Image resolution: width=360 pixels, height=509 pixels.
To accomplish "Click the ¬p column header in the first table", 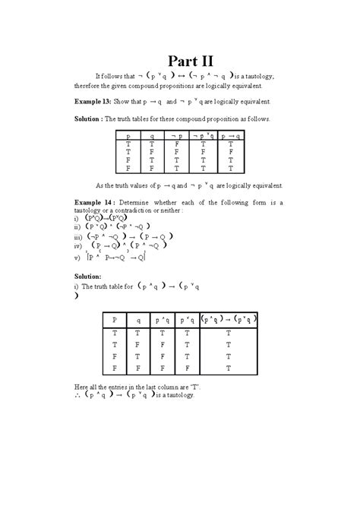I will coord(178,134).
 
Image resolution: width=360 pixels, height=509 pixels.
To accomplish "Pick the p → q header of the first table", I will coord(230,134).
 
